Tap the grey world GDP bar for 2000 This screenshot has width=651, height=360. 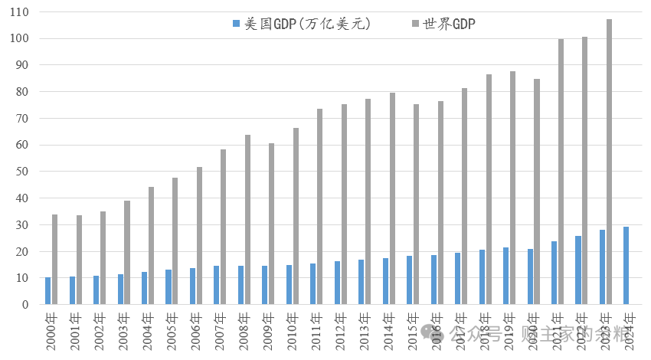coord(55,260)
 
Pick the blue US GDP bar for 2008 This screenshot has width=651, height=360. coord(240,285)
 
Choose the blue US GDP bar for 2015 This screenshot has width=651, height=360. coord(410,280)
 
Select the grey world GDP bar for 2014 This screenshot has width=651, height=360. coord(392,198)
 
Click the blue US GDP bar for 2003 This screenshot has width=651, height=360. coord(120,290)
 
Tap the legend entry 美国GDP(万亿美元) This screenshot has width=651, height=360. coord(307,25)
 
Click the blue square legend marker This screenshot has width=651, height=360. coord(236,25)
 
